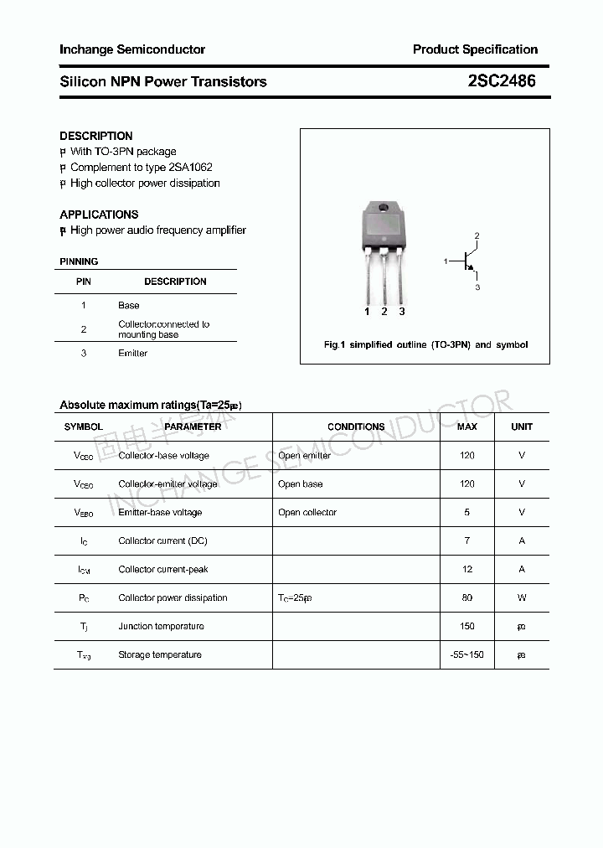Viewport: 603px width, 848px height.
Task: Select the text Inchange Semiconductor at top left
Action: pos(132,49)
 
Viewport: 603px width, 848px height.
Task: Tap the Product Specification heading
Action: pos(475,49)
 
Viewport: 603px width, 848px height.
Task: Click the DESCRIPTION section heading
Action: pos(96,136)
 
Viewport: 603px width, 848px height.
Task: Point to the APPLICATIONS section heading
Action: pos(99,215)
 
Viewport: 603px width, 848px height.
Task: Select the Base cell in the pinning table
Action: pos(129,306)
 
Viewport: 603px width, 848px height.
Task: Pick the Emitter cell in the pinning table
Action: pos(132,354)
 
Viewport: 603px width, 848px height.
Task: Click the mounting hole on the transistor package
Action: pos(384,209)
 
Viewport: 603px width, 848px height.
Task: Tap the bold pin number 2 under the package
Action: pos(384,312)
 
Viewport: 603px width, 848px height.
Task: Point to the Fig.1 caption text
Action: pos(425,345)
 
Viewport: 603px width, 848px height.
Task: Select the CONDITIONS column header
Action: pos(356,427)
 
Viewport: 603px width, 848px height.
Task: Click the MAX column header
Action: pos(466,427)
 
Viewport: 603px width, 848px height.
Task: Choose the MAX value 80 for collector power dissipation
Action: pos(466,597)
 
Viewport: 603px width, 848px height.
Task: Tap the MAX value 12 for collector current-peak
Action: pos(466,569)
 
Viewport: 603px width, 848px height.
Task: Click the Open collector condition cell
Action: pos(307,512)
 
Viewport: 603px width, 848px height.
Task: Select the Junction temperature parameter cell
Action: pos(161,626)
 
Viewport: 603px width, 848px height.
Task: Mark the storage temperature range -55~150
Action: pos(466,654)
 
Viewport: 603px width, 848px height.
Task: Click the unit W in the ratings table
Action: pos(522,597)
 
